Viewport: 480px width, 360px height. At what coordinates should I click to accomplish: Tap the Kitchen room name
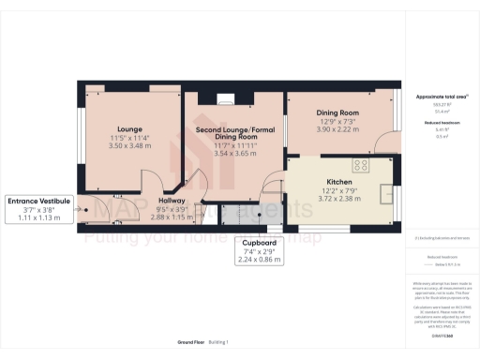tap(338, 182)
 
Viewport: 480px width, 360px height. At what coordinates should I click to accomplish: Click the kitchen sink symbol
tap(388, 193)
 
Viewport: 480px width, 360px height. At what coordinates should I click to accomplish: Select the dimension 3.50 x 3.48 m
tap(129, 145)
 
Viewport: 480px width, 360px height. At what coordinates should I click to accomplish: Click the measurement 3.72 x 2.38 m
tap(338, 199)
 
